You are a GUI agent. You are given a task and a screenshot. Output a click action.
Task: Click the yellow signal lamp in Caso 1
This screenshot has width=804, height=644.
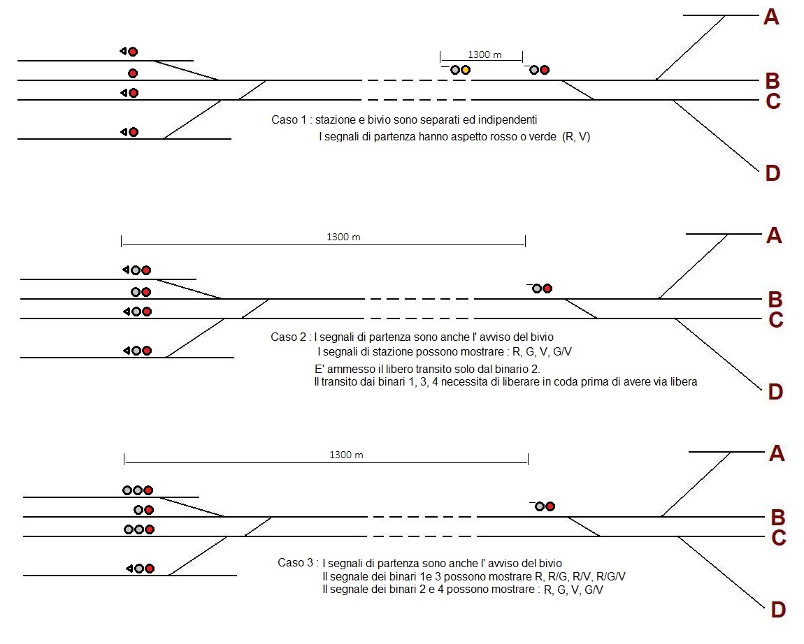(466, 70)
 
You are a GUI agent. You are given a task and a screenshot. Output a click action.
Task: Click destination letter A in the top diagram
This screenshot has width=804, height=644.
(771, 17)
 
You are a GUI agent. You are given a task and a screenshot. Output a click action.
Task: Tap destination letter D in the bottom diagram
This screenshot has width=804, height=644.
(777, 610)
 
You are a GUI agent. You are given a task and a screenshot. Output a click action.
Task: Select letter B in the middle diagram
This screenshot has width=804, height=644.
(775, 300)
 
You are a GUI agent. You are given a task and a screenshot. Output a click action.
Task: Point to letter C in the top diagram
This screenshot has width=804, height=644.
(773, 102)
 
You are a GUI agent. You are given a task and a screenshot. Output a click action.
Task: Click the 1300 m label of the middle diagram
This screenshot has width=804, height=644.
(343, 237)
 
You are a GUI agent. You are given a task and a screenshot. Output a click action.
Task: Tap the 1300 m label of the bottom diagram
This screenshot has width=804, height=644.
(346, 455)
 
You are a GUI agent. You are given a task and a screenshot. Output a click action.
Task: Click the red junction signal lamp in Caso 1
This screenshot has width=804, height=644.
(545, 70)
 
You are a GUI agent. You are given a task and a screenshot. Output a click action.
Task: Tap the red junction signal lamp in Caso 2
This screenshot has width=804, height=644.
(547, 288)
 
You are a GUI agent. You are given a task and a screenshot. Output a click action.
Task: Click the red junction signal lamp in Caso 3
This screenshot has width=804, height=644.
(550, 506)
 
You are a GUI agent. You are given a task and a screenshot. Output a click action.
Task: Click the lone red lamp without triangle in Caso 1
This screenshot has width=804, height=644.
(133, 73)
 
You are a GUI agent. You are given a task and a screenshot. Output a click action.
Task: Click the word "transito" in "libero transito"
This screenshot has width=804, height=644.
(440, 369)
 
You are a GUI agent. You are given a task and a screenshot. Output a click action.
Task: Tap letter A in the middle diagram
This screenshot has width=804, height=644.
(774, 236)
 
